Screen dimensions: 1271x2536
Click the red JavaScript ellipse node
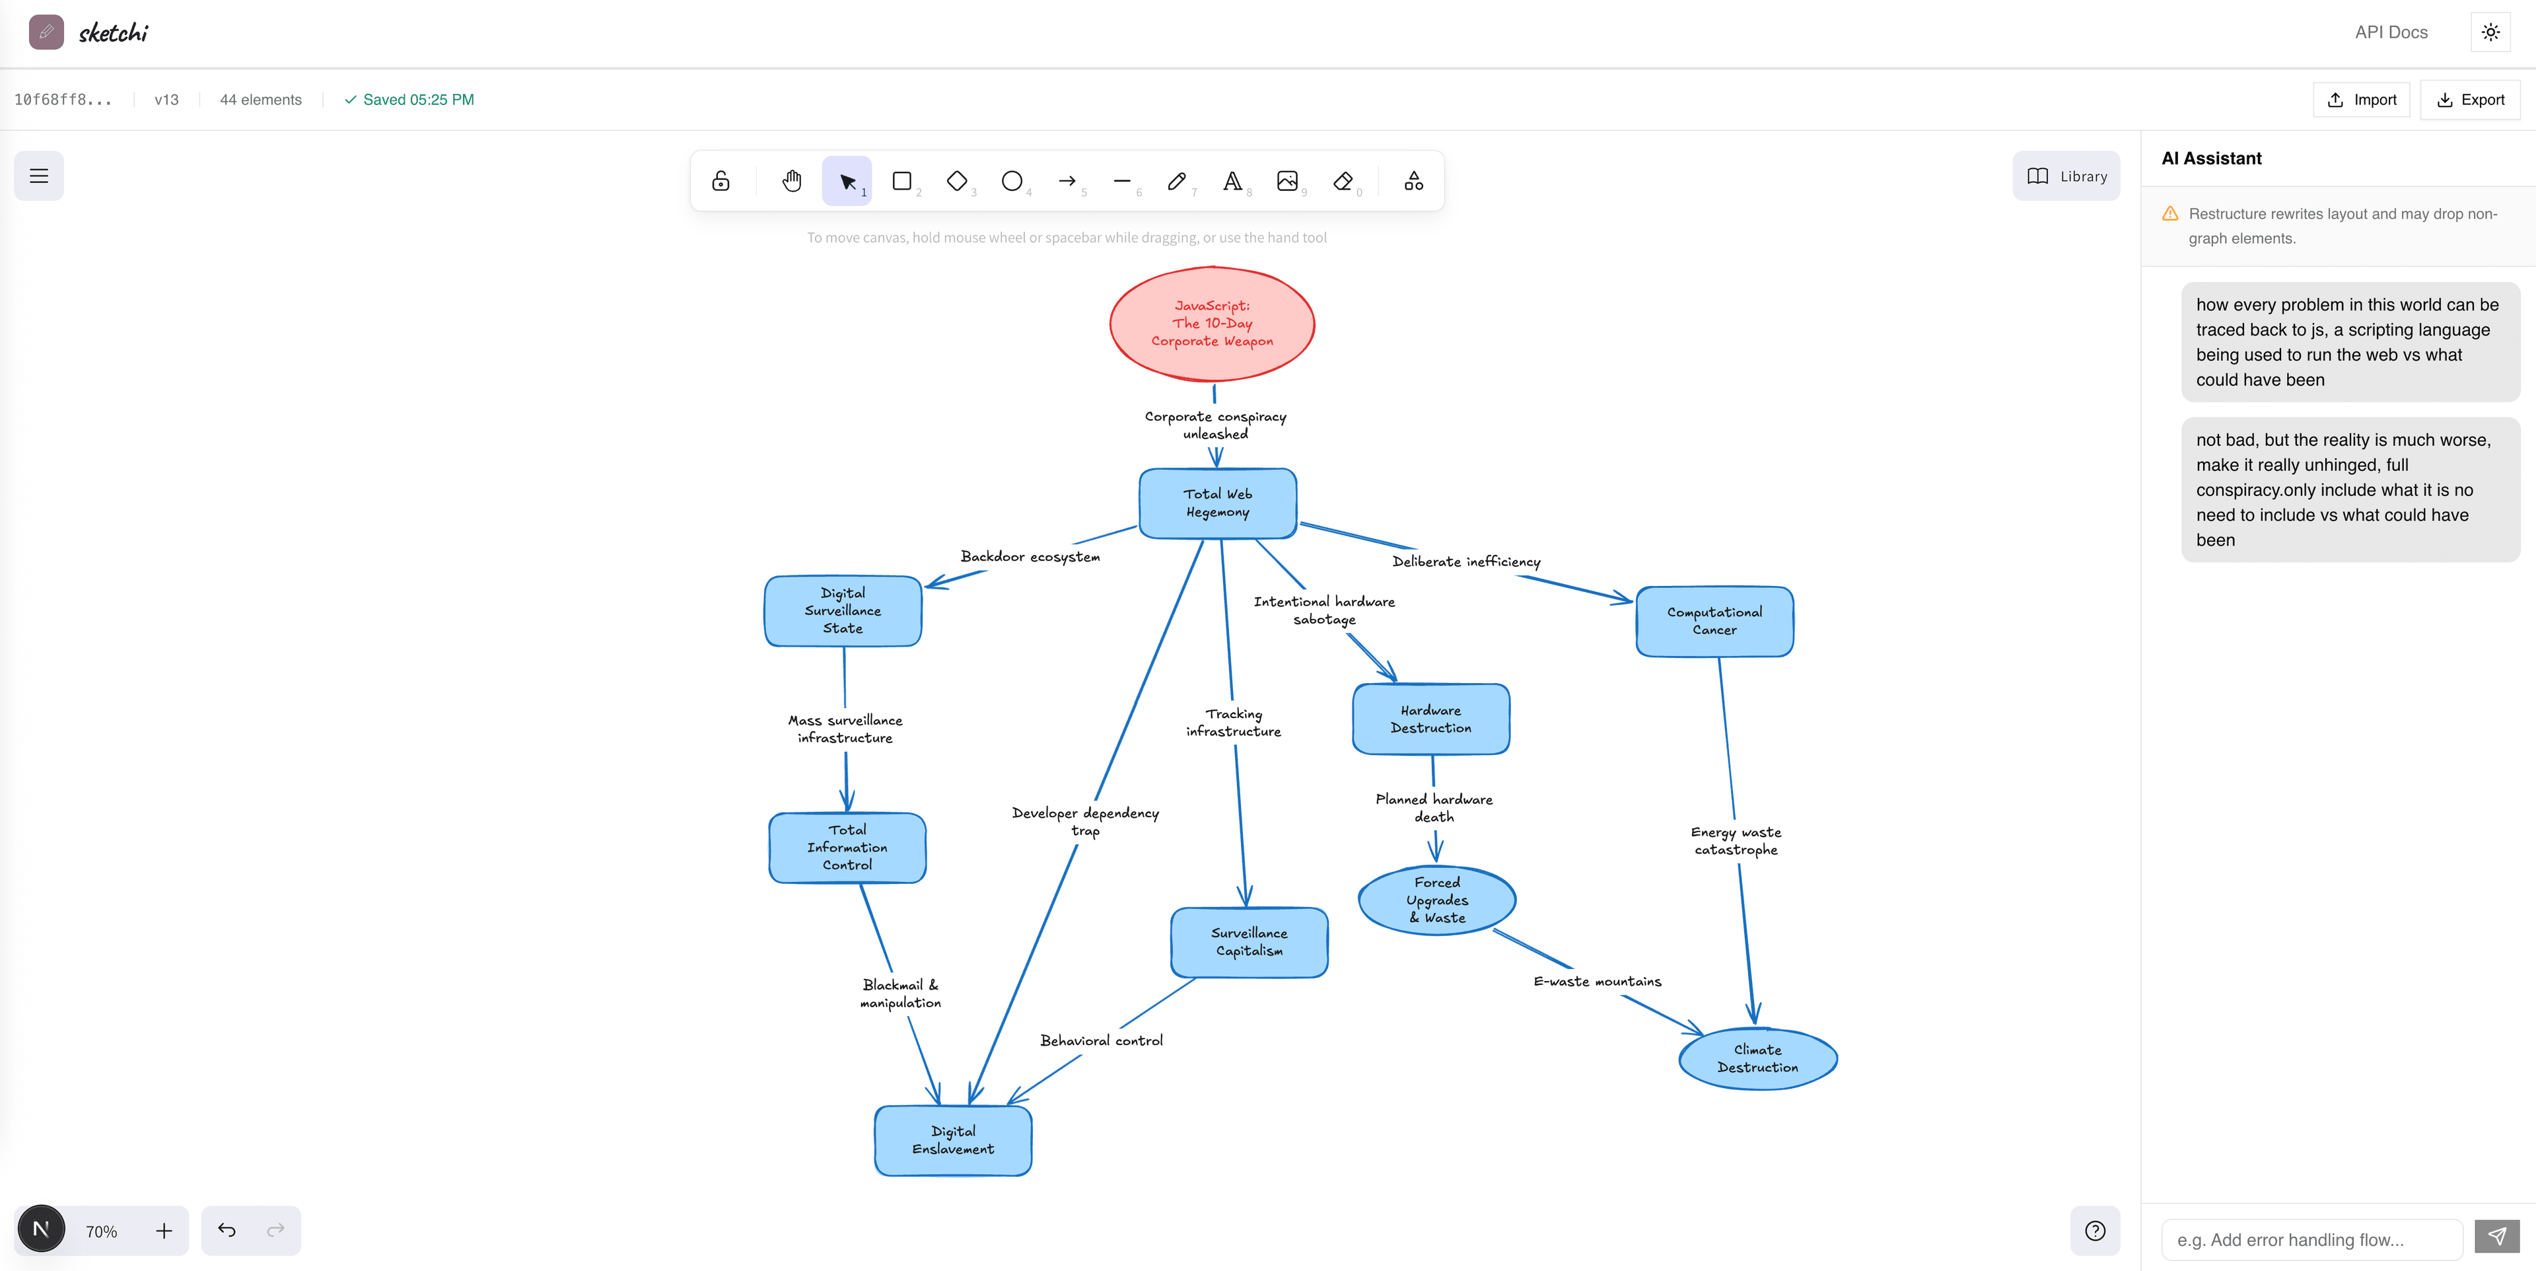pyautogui.click(x=1212, y=324)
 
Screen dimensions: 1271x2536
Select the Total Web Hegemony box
pyautogui.click(x=1218, y=503)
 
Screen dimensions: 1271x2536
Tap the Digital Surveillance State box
pyautogui.click(x=843, y=610)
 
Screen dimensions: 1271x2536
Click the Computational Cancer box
pyautogui.click(x=1714, y=621)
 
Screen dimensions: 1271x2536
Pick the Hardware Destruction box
pyautogui.click(x=1430, y=719)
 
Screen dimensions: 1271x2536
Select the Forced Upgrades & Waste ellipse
pyautogui.click(x=1436, y=900)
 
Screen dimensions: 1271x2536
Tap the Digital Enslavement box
pyautogui.click(x=953, y=1140)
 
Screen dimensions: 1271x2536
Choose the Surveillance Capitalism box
pyautogui.click(x=1248, y=942)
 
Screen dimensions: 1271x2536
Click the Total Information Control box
pyautogui.click(x=847, y=848)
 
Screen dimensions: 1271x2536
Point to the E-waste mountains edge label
pyautogui.click(x=1597, y=982)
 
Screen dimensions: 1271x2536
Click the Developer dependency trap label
pyautogui.click(x=1085, y=821)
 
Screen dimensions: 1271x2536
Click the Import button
pyautogui.click(x=2361, y=100)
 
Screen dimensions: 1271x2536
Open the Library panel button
pyautogui.click(x=2066, y=176)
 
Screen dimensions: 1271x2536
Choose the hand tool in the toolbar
pyautogui.click(x=792, y=181)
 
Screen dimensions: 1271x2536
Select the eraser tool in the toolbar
pyautogui.click(x=1343, y=181)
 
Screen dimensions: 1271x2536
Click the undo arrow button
pyautogui.click(x=227, y=1229)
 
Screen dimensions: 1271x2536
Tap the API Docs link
pyautogui.click(x=2390, y=32)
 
